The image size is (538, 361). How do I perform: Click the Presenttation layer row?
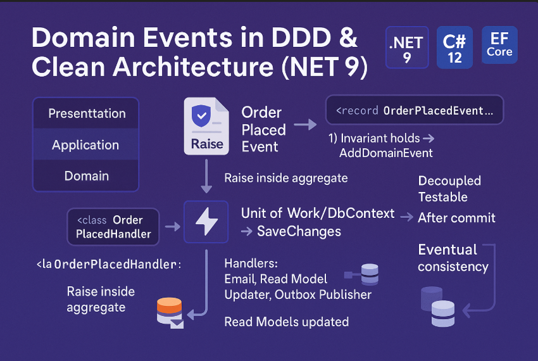(x=86, y=114)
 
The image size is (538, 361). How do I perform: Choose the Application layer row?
(x=86, y=145)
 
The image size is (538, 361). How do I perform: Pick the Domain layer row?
(x=86, y=176)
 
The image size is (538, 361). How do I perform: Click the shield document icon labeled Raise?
(x=207, y=126)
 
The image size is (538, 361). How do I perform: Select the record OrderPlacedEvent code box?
(x=414, y=110)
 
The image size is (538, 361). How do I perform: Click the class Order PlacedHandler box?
(x=113, y=227)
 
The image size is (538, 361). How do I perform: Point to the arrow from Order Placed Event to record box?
(x=305, y=125)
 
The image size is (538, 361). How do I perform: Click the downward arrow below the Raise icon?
(x=206, y=177)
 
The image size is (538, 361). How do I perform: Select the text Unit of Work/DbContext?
(x=318, y=213)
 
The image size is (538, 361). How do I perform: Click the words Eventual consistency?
(x=453, y=258)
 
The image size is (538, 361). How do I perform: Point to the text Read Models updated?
(x=286, y=322)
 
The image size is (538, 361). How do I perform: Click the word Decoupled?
(x=449, y=181)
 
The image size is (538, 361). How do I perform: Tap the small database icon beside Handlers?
(x=368, y=274)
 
